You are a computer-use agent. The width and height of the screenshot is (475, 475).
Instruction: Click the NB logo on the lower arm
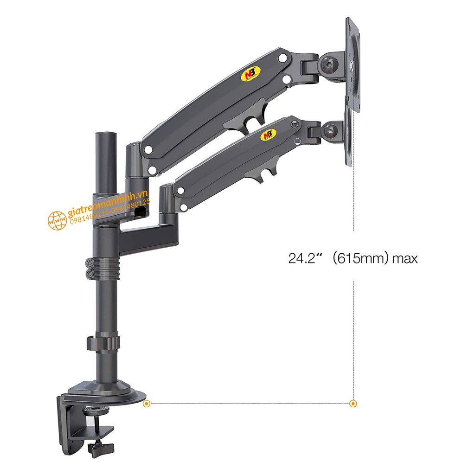267,135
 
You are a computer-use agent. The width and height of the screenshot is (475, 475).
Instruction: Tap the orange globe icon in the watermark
57,220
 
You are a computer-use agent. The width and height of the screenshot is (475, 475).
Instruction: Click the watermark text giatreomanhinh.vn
107,204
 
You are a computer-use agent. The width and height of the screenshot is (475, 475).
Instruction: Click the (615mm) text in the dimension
360,258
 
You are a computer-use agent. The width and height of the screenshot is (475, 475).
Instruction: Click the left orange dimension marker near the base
146,404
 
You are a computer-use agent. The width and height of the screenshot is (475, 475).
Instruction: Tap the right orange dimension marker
353,404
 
